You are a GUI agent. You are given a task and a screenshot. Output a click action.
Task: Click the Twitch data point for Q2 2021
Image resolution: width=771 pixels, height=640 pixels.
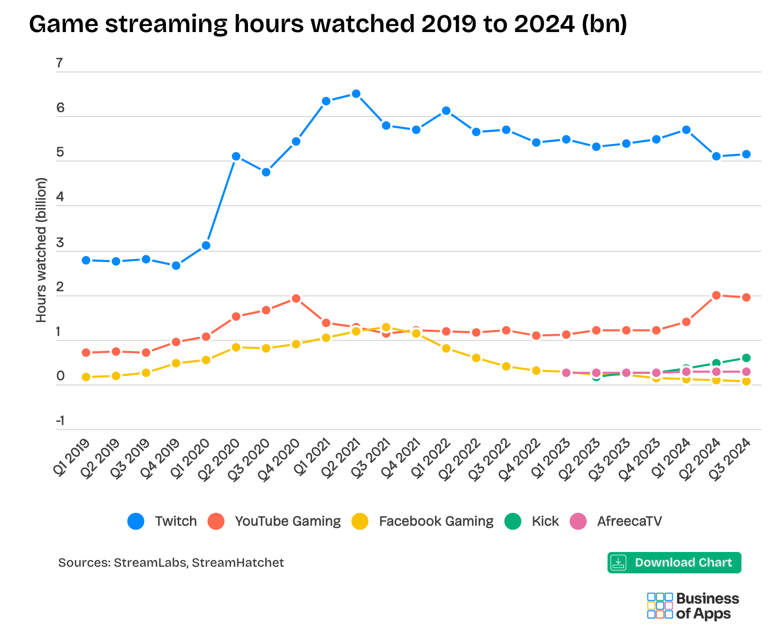tap(356, 94)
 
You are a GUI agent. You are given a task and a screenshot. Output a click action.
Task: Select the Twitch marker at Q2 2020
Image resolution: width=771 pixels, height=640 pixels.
tap(236, 156)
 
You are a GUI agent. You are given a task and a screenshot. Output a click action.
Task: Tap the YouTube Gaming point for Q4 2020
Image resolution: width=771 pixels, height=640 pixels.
tap(296, 298)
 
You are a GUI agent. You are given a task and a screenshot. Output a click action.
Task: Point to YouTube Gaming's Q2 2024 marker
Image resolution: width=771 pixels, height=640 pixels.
tap(716, 295)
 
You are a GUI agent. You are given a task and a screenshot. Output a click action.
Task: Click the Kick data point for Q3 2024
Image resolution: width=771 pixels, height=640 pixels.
tap(746, 358)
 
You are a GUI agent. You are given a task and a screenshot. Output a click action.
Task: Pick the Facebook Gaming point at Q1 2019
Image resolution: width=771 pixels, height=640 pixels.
tap(86, 377)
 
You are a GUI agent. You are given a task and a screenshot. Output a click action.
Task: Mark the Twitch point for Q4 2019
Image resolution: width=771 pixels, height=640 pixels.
tap(176, 266)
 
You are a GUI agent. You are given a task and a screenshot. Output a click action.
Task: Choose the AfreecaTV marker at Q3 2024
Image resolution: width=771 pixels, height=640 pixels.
tap(746, 372)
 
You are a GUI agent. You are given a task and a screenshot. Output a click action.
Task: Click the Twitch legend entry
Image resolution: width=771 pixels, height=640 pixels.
tap(162, 521)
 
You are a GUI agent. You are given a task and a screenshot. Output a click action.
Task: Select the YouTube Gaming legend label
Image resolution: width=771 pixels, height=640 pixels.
tap(287, 521)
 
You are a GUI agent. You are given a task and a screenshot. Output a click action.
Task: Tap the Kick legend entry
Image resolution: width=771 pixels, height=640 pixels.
tap(532, 521)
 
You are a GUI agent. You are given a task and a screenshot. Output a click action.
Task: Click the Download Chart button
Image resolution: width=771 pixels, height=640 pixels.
tap(674, 563)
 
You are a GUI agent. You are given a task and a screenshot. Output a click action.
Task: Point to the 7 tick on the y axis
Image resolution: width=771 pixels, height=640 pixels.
tap(60, 63)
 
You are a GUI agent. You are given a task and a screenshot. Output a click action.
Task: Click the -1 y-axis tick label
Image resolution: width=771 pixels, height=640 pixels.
tap(60, 421)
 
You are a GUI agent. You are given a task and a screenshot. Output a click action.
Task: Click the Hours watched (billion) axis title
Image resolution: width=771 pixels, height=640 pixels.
tap(41, 250)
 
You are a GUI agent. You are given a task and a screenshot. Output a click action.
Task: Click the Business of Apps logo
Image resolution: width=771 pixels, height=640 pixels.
tap(693, 605)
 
